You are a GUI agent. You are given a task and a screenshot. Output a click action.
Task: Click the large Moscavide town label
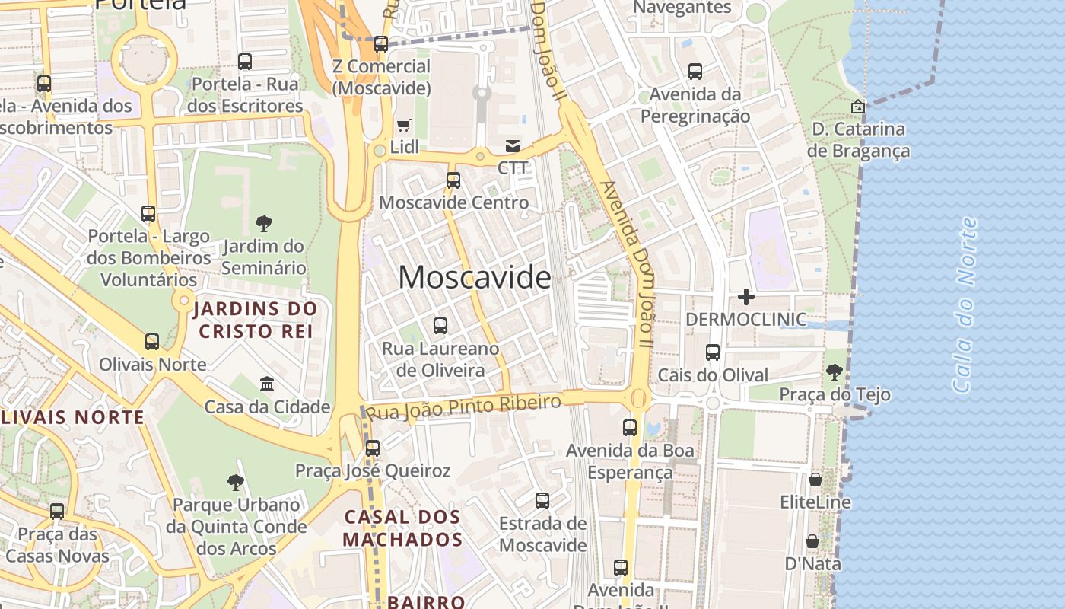[x=475, y=278]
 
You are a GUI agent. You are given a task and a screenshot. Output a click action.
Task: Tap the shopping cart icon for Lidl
[x=404, y=125]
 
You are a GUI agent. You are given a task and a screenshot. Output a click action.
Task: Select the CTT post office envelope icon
[x=513, y=145]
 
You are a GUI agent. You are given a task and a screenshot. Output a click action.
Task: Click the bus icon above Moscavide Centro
[x=453, y=180]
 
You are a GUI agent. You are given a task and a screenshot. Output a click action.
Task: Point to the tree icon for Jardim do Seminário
[x=264, y=224]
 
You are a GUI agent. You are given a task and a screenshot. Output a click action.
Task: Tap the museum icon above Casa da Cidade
[x=267, y=384]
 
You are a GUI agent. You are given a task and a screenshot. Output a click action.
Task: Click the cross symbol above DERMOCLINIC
[x=745, y=297]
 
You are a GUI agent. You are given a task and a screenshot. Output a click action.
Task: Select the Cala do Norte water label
[x=965, y=304]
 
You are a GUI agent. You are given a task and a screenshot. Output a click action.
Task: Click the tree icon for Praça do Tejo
[x=835, y=372]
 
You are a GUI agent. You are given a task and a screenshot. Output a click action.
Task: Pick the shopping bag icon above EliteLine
[x=815, y=480]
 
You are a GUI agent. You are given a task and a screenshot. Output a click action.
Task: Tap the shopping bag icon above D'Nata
[x=812, y=541]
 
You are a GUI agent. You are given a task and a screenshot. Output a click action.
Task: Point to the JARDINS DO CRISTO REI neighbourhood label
[x=255, y=320]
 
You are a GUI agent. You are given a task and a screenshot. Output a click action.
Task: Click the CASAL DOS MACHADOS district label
[x=402, y=528]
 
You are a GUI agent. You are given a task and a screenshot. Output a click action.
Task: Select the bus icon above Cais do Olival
[x=713, y=352]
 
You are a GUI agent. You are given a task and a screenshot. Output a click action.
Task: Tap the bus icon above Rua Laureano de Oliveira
[x=440, y=326]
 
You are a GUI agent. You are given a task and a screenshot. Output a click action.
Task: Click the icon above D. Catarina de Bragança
[x=858, y=107]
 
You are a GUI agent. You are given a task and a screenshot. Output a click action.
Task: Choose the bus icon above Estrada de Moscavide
[x=542, y=501]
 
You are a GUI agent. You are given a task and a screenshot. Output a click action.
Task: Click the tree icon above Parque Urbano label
[x=236, y=482]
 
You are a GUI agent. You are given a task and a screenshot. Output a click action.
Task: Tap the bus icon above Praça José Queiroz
[x=373, y=448]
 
